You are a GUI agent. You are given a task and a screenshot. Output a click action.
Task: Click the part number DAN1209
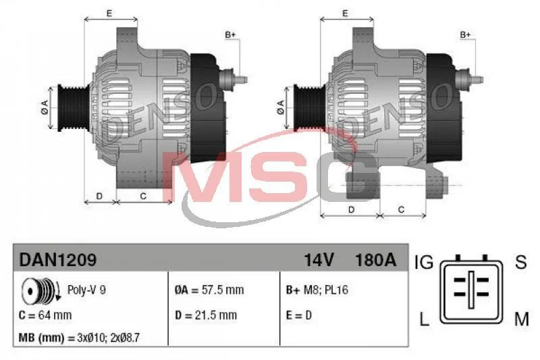pyautogui.click(x=58, y=259)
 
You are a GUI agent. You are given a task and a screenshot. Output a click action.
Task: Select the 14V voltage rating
pyautogui.click(x=319, y=260)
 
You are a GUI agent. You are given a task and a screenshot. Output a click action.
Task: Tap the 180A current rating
pyautogui.click(x=376, y=260)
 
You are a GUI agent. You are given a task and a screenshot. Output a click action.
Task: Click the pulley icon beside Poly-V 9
pyautogui.click(x=40, y=290)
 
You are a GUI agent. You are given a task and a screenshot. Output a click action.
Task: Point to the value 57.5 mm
pyautogui.click(x=223, y=290)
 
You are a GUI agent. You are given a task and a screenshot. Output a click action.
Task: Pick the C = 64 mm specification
pyautogui.click(x=45, y=315)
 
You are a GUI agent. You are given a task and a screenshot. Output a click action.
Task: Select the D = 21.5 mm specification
pyautogui.click(x=206, y=315)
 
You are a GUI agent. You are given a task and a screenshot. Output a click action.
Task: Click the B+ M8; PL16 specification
pyautogui.click(x=317, y=290)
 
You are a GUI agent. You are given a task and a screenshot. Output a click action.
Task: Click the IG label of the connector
pyautogui.click(x=424, y=262)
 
